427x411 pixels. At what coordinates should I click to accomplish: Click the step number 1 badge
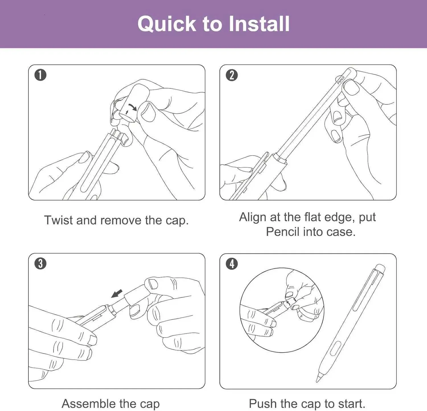point(40,75)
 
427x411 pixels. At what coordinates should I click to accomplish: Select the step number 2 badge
point(232,75)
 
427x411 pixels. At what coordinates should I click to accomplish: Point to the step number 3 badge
point(40,264)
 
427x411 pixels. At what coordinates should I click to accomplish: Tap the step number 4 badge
point(232,264)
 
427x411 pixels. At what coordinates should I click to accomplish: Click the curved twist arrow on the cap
point(133,107)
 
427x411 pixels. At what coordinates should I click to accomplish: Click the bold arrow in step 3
point(117,294)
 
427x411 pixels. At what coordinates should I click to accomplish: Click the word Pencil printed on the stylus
point(341,80)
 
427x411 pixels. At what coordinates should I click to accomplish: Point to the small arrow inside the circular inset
point(289,302)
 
